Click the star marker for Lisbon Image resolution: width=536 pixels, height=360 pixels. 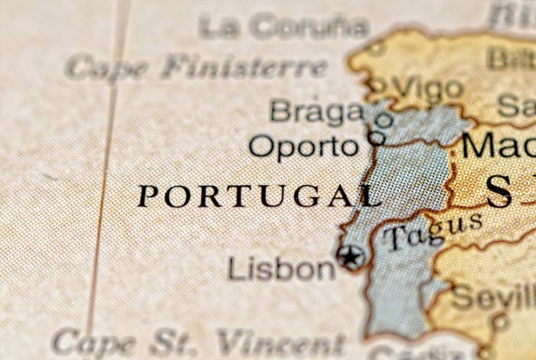351,257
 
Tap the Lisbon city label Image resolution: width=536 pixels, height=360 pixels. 281,268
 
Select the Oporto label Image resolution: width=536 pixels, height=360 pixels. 303,146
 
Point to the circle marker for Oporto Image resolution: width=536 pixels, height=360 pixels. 377,138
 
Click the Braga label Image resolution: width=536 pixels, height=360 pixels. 316,111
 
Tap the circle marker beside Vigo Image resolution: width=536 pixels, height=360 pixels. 377,85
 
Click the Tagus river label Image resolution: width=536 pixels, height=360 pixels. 433,231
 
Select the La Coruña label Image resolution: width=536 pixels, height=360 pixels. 284,27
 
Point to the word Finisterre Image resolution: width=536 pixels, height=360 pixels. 243,67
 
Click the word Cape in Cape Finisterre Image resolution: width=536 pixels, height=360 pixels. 106,67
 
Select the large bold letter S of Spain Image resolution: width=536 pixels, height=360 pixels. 498,191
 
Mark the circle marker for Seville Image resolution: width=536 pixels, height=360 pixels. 501,321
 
